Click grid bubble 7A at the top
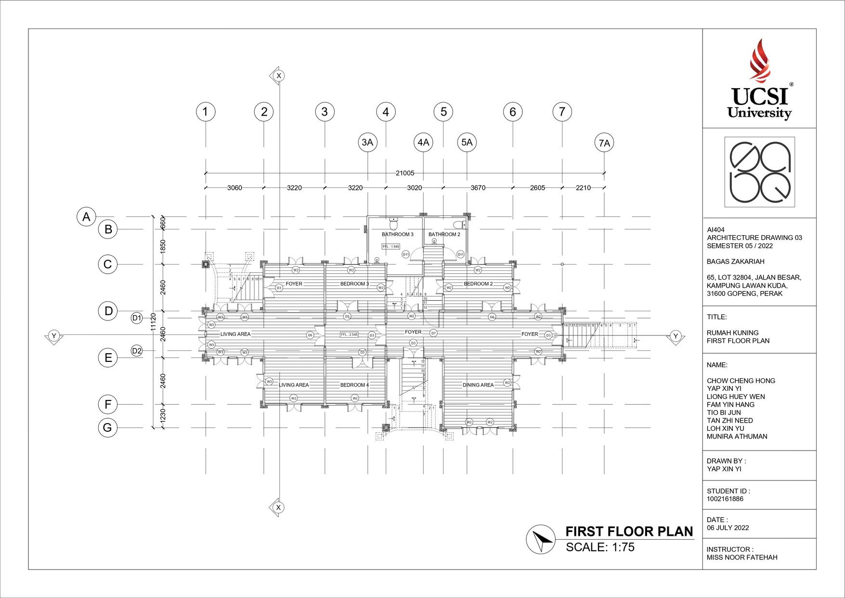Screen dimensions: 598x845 coord(604,143)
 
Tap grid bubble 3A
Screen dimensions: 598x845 coord(367,142)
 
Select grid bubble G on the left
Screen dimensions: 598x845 coord(107,427)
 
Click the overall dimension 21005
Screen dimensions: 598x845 coord(405,173)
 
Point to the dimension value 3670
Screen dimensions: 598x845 coord(478,188)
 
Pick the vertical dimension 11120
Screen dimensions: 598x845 coord(154,321)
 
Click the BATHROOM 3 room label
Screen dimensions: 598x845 coord(397,235)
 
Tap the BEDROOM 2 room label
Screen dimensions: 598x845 coord(478,284)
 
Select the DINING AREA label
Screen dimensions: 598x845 coord(478,385)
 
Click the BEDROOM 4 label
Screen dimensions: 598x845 coord(354,385)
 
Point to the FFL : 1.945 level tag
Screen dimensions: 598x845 coord(391,246)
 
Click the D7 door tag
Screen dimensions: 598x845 coord(433,333)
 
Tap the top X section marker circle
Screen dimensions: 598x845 coord(278,76)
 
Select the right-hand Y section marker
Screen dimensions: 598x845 coord(676,336)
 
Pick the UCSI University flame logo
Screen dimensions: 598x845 coord(759,60)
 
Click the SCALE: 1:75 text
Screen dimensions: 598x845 coord(600,547)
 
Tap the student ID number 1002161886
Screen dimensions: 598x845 coord(725,499)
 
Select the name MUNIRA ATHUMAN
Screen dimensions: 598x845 coord(737,437)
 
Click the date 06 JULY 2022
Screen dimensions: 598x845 coord(728,528)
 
